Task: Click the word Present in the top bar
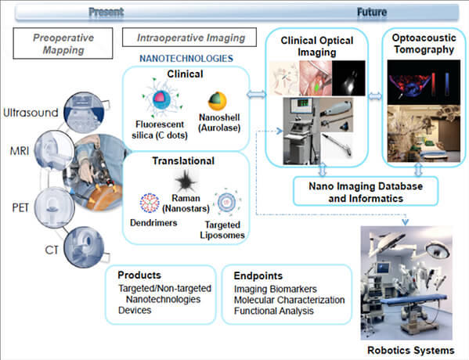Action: pyautogui.click(x=106, y=12)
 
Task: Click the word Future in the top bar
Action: pyautogui.click(x=372, y=12)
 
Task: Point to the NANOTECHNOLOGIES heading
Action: pyautogui.click(x=186, y=59)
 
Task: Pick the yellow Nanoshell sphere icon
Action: pyautogui.click(x=218, y=101)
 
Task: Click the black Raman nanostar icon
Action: pyautogui.click(x=186, y=181)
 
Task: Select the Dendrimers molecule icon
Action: pyautogui.click(x=150, y=203)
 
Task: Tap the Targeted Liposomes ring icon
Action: pyautogui.click(x=227, y=202)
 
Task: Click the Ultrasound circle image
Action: pyautogui.click(x=84, y=113)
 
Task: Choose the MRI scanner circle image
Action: pyautogui.click(x=54, y=150)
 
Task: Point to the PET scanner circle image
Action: pyautogui.click(x=54, y=207)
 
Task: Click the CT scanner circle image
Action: pyautogui.click(x=84, y=247)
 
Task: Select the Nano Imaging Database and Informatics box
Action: pyautogui.click(x=366, y=192)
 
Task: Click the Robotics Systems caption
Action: pyautogui.click(x=411, y=350)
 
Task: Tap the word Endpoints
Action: pyautogui.click(x=258, y=275)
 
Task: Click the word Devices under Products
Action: pyautogui.click(x=135, y=310)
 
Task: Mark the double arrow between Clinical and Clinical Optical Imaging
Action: pyautogui.click(x=256, y=95)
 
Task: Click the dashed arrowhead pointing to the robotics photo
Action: pyautogui.click(x=405, y=221)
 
